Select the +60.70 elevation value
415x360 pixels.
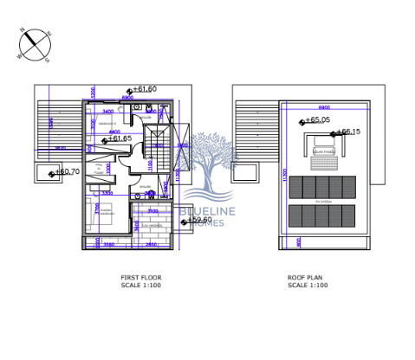pyautogui.click(x=68, y=172)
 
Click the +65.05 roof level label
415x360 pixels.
pyautogui.click(x=318, y=121)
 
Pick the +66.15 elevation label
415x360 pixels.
pyautogui.click(x=347, y=132)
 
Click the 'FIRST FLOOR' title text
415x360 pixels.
pyautogui.click(x=140, y=278)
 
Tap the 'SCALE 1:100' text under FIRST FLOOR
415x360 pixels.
pyautogui.click(x=140, y=285)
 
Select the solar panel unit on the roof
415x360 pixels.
pyautogui.click(x=324, y=150)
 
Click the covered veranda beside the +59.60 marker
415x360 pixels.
pyautogui.click(x=156, y=232)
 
